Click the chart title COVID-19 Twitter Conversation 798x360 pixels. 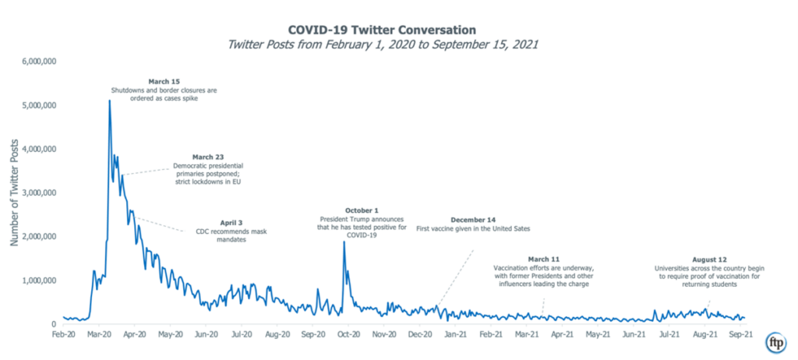click(x=398, y=29)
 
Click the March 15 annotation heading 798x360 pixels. click(x=163, y=81)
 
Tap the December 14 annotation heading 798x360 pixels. click(x=473, y=220)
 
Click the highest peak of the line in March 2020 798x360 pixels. click(x=109, y=101)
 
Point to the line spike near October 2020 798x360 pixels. click(x=344, y=242)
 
